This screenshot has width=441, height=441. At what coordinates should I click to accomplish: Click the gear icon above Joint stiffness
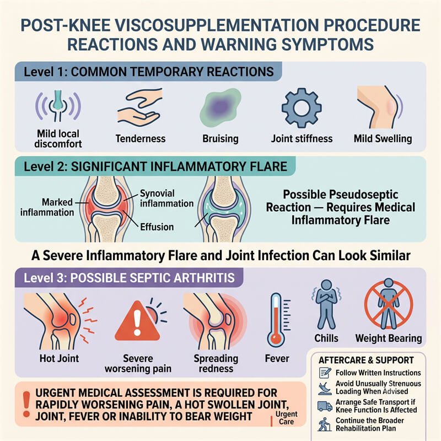point(302,108)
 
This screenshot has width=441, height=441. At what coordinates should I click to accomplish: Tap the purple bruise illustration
point(220,107)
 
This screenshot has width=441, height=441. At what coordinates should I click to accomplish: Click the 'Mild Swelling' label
point(383,139)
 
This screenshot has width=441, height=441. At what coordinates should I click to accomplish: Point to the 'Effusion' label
point(157,227)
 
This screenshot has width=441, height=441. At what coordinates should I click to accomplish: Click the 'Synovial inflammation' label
point(167,198)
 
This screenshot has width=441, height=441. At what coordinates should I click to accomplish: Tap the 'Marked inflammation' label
point(47,207)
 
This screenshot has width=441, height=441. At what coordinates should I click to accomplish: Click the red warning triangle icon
point(137,321)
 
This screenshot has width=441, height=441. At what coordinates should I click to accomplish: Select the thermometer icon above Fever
point(278,320)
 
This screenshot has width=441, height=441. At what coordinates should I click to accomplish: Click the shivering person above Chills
point(326,304)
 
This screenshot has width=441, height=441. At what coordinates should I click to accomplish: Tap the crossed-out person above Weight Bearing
point(389,304)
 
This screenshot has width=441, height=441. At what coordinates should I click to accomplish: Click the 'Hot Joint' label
point(60,358)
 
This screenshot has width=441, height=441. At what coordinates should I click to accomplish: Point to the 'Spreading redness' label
point(216,363)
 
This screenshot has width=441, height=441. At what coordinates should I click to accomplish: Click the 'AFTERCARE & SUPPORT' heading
point(366,361)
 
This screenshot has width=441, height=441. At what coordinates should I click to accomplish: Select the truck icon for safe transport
point(325,406)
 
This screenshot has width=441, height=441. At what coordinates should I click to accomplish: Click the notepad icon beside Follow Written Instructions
point(325,373)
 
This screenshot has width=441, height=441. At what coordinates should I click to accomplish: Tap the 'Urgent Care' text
point(286,418)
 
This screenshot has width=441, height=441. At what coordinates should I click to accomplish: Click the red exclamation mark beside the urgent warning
point(26,404)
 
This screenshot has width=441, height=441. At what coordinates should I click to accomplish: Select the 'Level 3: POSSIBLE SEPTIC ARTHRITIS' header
point(129,278)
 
